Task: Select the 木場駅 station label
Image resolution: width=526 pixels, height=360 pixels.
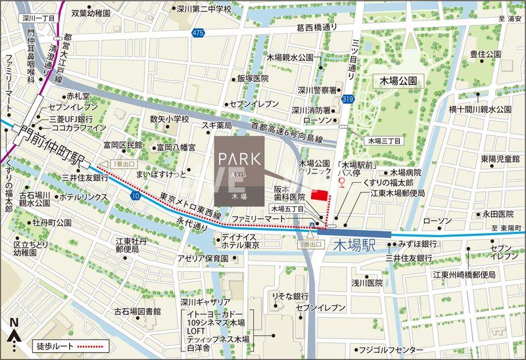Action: tap(354, 246)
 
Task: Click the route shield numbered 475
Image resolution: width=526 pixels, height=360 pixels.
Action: tap(198, 32)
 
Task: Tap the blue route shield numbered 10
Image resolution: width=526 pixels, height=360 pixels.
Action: tap(135, 196)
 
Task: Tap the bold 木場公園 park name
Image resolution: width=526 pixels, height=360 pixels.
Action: tap(400, 80)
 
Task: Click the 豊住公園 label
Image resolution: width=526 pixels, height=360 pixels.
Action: tap(486, 53)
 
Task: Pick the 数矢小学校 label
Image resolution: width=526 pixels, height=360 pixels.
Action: tap(169, 119)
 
